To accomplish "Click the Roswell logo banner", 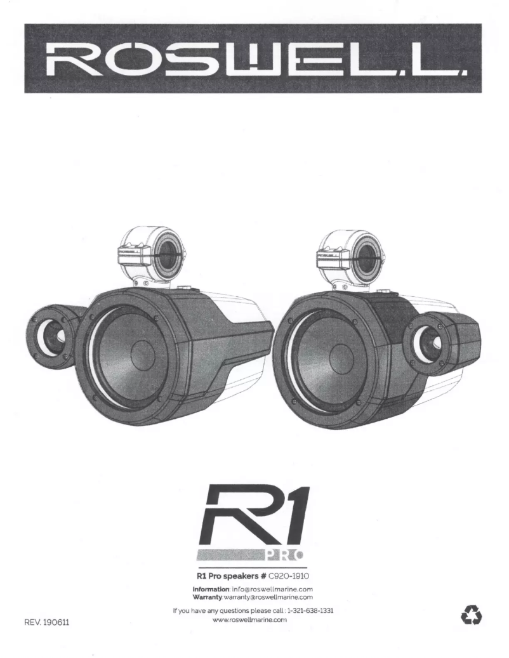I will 253,58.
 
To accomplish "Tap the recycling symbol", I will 472,614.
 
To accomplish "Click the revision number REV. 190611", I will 46,623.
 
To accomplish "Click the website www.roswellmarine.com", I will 253,620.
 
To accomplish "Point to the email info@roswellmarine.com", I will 274,589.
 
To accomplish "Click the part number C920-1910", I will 289,577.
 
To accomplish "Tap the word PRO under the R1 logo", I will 283,556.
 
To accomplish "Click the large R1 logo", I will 254,517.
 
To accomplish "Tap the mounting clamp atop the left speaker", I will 151,254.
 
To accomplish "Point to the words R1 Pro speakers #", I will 230,577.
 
